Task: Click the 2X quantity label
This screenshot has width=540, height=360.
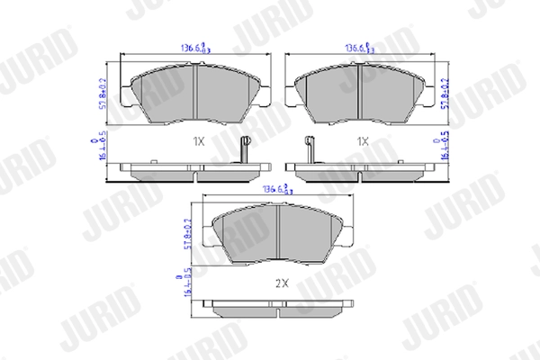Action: (280, 282)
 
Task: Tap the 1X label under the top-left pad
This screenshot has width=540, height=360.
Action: (198, 142)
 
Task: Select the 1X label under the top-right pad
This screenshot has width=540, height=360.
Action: (363, 142)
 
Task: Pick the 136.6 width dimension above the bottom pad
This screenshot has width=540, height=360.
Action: (274, 190)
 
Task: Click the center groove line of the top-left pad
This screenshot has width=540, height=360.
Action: (195, 93)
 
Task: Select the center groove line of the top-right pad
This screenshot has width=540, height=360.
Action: (360, 93)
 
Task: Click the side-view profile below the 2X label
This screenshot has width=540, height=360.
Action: (279, 309)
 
